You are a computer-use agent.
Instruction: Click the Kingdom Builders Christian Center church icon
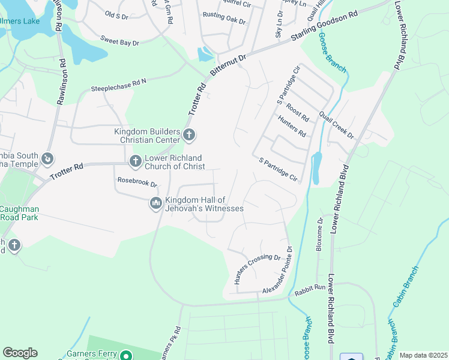pyautogui.click(x=189, y=134)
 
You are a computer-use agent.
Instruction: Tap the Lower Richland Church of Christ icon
pyautogui.click(x=134, y=161)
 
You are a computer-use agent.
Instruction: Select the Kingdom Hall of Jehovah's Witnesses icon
pyautogui.click(x=156, y=204)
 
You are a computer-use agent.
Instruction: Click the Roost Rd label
pyautogui.click(x=297, y=112)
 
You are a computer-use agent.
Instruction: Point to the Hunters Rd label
pyautogui.click(x=292, y=126)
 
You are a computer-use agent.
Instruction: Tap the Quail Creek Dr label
pyautogui.click(x=337, y=124)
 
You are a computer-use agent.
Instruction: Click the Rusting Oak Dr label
pyautogui.click(x=224, y=18)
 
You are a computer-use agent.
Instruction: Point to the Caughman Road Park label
pyautogui.click(x=19, y=213)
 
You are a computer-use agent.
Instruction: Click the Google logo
pyautogui.click(x=20, y=353)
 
